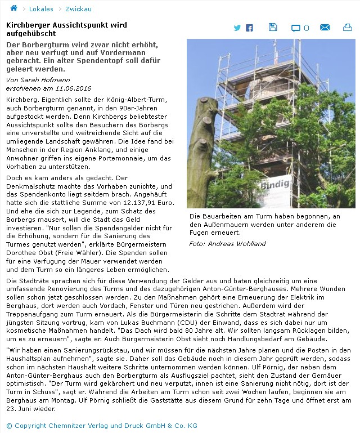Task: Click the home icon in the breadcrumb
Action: pos(13,8)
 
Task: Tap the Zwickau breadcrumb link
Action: pos(78,9)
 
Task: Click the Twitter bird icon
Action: pos(237,28)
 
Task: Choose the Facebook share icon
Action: pos(249,28)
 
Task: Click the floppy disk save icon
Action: pos(273,27)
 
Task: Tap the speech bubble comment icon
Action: pos(296,28)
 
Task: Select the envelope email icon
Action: pos(325,28)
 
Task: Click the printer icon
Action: pos(347,28)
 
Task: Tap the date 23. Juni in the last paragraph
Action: pos(24,409)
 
